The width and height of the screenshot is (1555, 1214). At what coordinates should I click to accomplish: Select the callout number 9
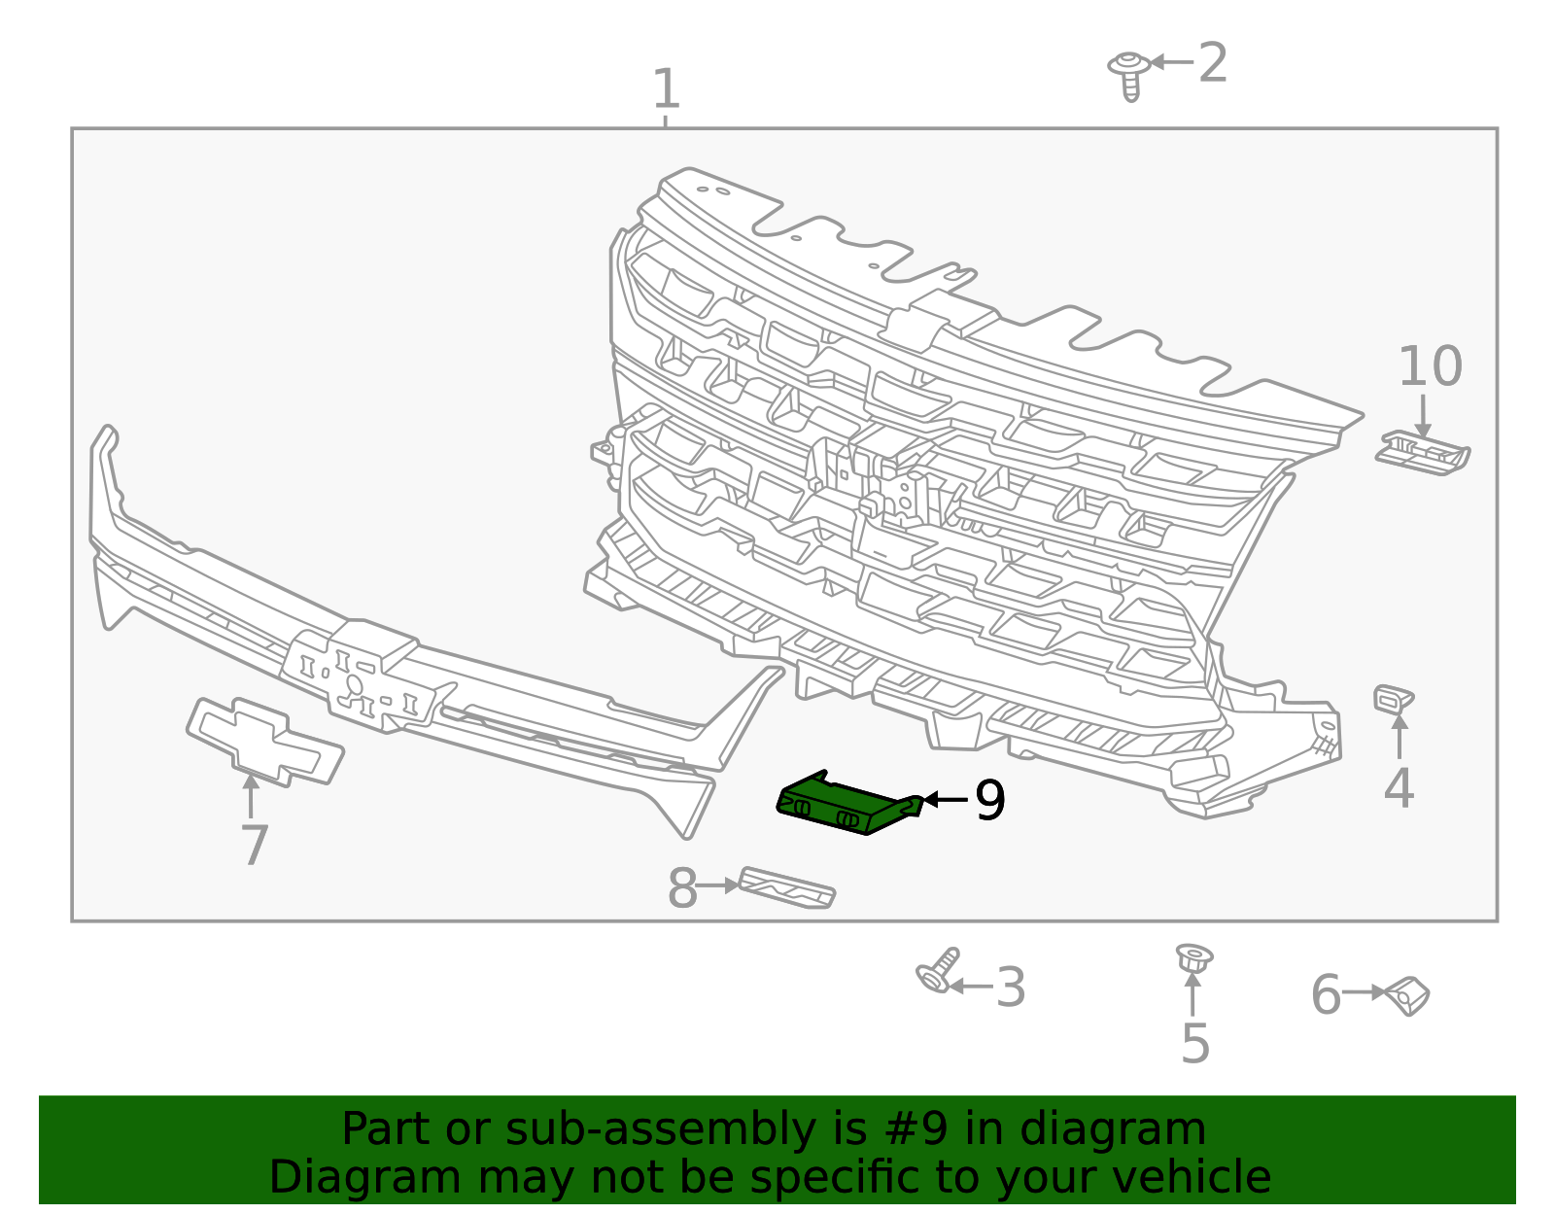pos(990,801)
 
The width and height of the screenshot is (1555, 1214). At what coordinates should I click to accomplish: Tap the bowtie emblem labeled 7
pos(264,742)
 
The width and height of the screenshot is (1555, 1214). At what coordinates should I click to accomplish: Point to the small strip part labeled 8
pos(786,887)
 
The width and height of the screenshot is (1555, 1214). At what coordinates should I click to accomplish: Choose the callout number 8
pos(682,888)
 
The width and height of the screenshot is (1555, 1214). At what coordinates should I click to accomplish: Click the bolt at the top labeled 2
pos(1129,76)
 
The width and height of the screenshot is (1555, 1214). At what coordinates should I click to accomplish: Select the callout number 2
pos(1212,62)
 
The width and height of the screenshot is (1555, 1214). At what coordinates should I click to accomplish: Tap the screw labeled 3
pos(938,971)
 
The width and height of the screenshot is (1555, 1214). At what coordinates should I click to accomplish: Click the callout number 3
pos(1011,988)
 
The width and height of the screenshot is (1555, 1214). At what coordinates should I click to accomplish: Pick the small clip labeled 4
pos(1394,699)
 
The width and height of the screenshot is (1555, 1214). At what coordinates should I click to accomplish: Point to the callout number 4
pos(1399,788)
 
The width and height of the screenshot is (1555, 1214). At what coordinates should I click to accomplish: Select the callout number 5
pos(1195,1043)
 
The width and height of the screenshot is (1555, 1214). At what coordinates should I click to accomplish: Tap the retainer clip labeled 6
pos(1407,996)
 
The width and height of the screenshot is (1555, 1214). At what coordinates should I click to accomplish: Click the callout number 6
pos(1326,993)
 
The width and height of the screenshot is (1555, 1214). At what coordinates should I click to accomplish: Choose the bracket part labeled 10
pos(1422,454)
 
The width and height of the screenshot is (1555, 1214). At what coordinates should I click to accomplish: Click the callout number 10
pos(1430,366)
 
